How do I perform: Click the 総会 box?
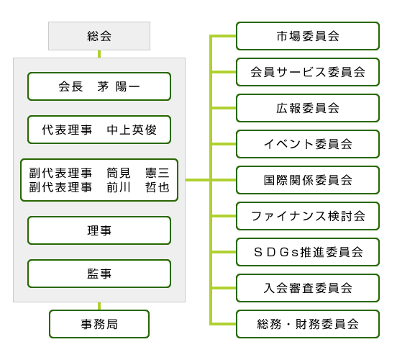point(99,36)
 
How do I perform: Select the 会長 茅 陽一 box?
point(99,86)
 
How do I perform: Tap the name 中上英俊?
point(132,130)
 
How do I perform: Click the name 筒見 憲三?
point(138,173)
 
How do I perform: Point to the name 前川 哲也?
point(138,187)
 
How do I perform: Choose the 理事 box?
point(99,230)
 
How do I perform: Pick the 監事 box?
point(99,274)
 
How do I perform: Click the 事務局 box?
point(99,324)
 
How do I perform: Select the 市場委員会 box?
point(308,36)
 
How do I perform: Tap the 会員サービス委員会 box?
point(308,72)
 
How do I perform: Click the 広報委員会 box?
point(308,108)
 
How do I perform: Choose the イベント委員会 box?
point(308,144)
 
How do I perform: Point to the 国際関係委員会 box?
point(308,180)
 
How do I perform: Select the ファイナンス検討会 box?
point(308,216)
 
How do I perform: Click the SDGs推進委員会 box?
point(308,252)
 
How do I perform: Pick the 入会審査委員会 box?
point(308,288)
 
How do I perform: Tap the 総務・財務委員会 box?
point(308,324)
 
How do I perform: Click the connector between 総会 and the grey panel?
point(99,54)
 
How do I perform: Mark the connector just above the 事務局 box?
point(99,306)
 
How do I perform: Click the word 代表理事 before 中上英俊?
point(67,130)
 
